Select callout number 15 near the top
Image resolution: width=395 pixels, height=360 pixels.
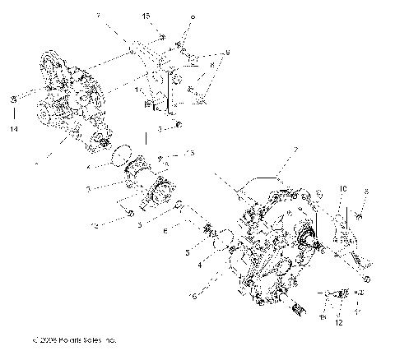click(146, 16)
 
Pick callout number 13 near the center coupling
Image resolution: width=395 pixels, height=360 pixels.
click(188, 153)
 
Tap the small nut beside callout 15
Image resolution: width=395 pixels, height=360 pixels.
click(161, 36)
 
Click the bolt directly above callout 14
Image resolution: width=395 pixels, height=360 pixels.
click(13, 101)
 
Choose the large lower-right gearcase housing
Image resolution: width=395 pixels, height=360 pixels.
click(272, 247)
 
